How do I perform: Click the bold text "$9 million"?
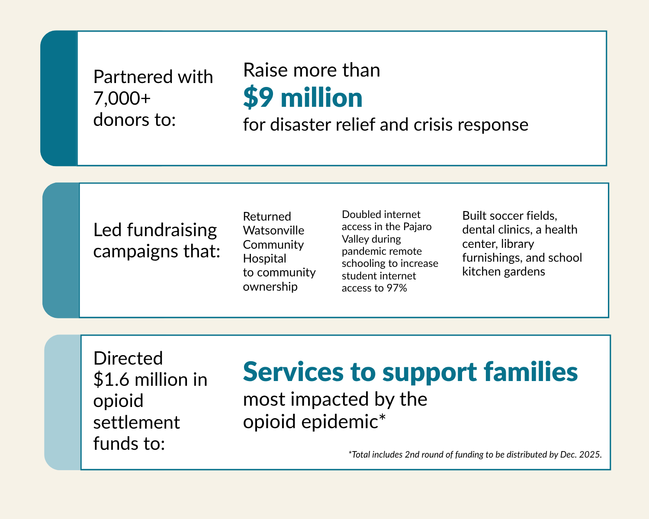pyautogui.click(x=302, y=98)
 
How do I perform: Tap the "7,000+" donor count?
pyautogui.click(x=122, y=98)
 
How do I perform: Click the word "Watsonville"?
pyautogui.click(x=273, y=231)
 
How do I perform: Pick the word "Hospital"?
pyautogui.click(x=264, y=259)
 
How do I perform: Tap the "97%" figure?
pyautogui.click(x=397, y=288)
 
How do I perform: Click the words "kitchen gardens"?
pyautogui.click(x=504, y=272)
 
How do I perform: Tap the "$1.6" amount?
pyautogui.click(x=111, y=379)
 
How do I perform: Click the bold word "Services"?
pyautogui.click(x=293, y=372)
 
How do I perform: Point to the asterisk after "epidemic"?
pyautogui.click(x=382, y=418)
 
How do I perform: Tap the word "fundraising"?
pyautogui.click(x=172, y=231)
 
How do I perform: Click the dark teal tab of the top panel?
pyautogui.click(x=59, y=98)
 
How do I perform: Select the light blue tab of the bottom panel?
pyautogui.click(x=63, y=402)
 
